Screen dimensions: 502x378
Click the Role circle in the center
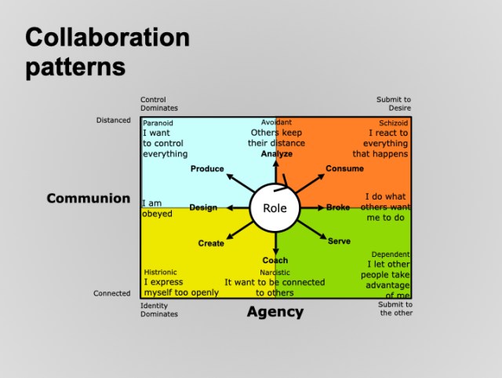click(275, 208)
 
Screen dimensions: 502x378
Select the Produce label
click(207, 169)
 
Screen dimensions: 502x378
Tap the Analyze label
click(276, 154)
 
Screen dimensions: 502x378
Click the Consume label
click(344, 169)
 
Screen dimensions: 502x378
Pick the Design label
click(203, 207)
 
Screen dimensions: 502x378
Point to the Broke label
click(338, 207)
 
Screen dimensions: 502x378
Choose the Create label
click(211, 244)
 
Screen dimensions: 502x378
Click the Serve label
click(339, 240)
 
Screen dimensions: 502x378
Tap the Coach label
click(275, 261)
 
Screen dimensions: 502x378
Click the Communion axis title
click(89, 198)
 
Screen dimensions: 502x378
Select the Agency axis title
click(275, 312)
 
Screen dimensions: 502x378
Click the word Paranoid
click(158, 123)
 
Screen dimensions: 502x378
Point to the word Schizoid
click(394, 123)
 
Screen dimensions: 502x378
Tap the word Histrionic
click(161, 272)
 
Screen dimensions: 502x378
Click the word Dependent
click(390, 255)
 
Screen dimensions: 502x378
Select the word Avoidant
click(277, 123)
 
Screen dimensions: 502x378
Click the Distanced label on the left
click(113, 121)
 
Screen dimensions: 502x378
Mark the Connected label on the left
click(112, 294)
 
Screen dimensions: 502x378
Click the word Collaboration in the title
click(107, 37)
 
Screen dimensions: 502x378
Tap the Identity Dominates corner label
click(159, 310)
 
